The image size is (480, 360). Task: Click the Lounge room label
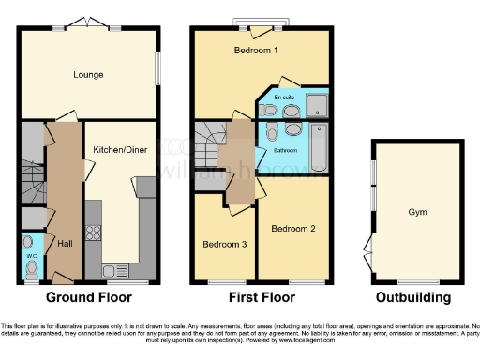(x=89, y=73)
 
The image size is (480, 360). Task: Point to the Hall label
(x=64, y=243)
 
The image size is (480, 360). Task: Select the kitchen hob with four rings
(x=94, y=232)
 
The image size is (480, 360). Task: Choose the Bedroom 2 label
(x=292, y=229)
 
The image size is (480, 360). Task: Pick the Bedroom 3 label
(x=225, y=245)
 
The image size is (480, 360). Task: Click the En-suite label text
(x=284, y=97)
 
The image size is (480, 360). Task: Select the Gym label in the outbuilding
(x=416, y=213)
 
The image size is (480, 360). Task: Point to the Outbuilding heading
(x=413, y=298)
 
